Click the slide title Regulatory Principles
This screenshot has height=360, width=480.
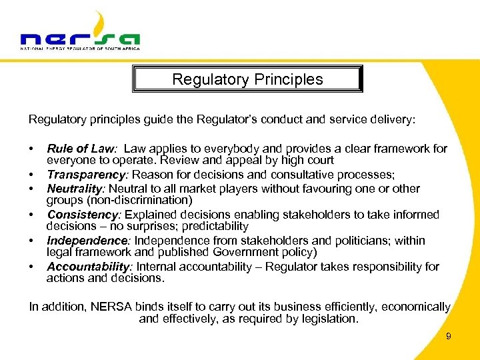pos(247,79)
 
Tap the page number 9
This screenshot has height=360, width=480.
pos(449,337)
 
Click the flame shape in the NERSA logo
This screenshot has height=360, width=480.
pos(98,23)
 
